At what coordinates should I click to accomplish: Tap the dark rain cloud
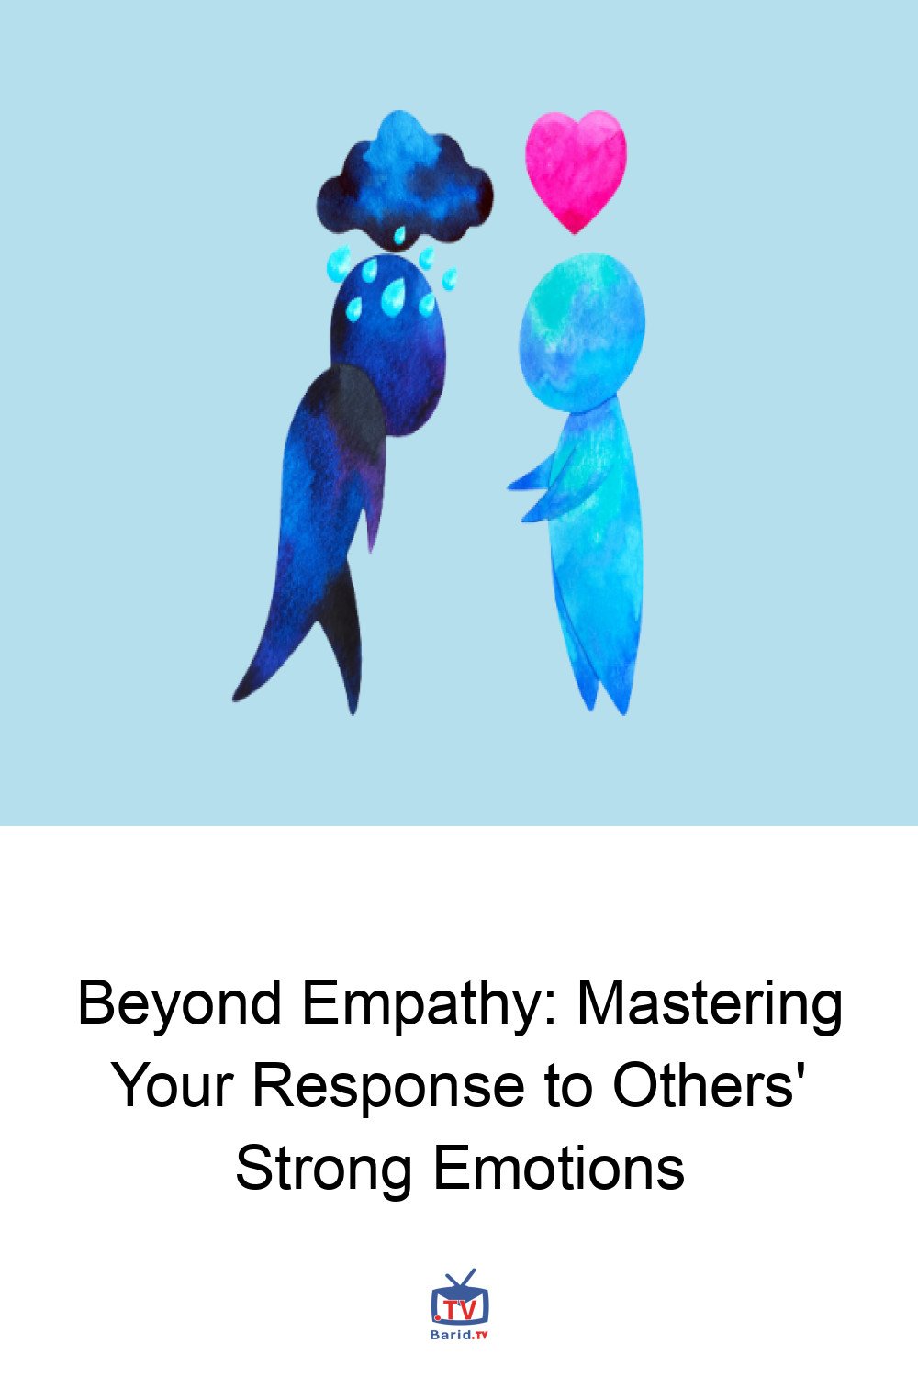(x=405, y=182)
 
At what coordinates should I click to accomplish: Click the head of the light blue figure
(x=582, y=332)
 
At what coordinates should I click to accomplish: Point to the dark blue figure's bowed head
(x=388, y=344)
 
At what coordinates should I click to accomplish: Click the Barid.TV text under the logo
(x=459, y=1335)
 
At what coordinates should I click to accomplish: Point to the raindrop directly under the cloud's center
(x=400, y=235)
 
